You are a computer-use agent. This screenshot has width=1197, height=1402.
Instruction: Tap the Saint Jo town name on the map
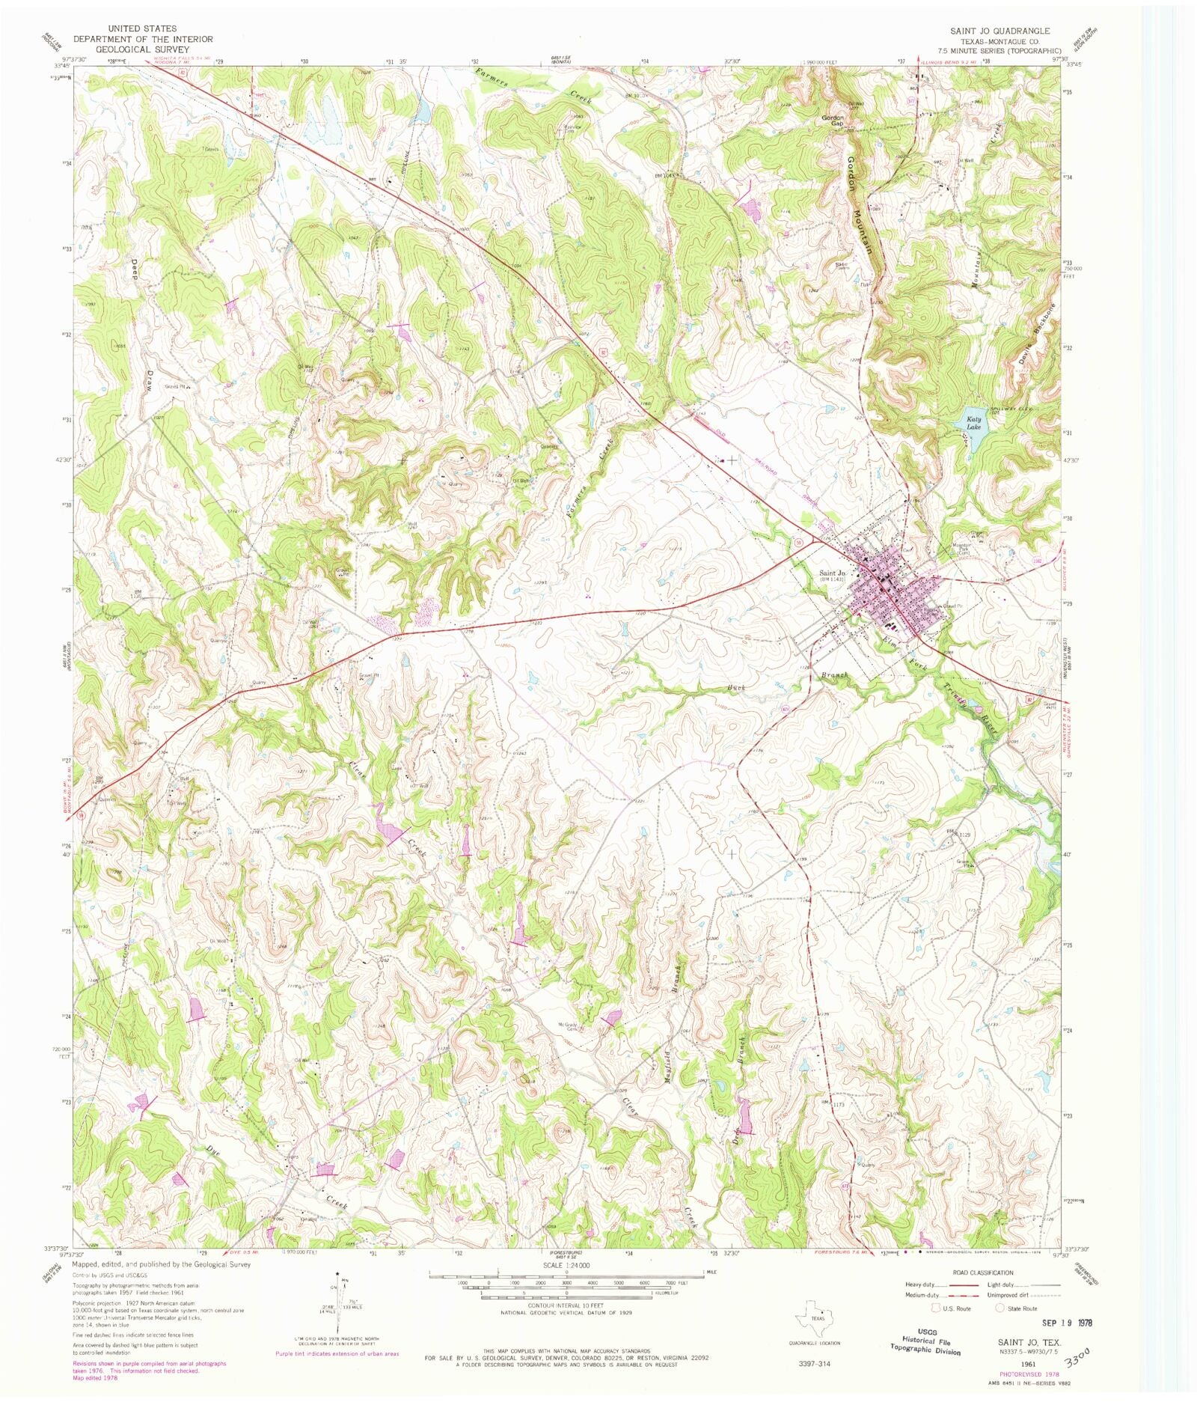[x=832, y=573]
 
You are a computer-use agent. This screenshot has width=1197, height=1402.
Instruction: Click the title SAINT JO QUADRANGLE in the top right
[x=999, y=31]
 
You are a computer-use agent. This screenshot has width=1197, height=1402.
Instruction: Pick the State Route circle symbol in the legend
[x=1000, y=1308]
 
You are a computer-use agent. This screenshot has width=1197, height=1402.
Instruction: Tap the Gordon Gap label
[x=833, y=121]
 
